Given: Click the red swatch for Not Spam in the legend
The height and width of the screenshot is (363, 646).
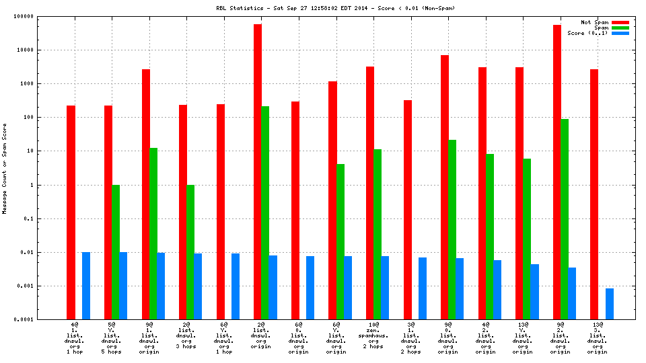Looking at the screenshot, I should pos(620,22).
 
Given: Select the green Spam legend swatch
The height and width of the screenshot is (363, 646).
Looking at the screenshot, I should pos(620,28).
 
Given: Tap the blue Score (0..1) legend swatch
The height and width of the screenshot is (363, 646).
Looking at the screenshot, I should pos(620,33).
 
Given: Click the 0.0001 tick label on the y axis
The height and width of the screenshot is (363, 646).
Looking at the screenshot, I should pos(42,320).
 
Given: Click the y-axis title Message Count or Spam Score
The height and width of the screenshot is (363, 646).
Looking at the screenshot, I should pos(5,168).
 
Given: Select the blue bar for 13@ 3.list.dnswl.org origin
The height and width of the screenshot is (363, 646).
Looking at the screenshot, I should pos(609,304).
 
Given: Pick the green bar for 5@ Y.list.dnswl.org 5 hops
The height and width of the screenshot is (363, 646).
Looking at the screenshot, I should pos(116,252).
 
